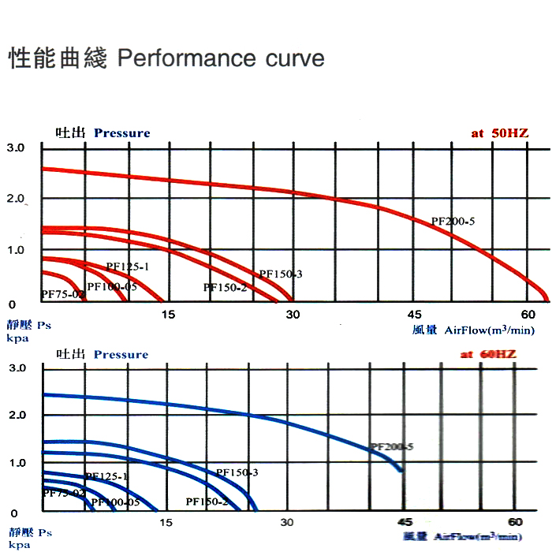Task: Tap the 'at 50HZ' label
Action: (x=500, y=133)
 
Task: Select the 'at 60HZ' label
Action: (x=488, y=354)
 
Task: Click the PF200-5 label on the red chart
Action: (x=453, y=222)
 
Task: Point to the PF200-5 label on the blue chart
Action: (x=391, y=446)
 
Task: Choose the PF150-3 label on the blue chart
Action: (x=237, y=472)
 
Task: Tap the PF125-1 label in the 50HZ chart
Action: (x=128, y=267)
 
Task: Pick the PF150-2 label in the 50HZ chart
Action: (x=225, y=288)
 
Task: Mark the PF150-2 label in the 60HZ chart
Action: (x=207, y=502)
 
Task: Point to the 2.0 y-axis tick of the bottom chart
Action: (x=17, y=415)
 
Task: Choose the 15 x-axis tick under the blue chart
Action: (x=166, y=522)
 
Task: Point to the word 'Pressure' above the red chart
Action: (x=121, y=132)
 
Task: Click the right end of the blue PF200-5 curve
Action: (x=402, y=471)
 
